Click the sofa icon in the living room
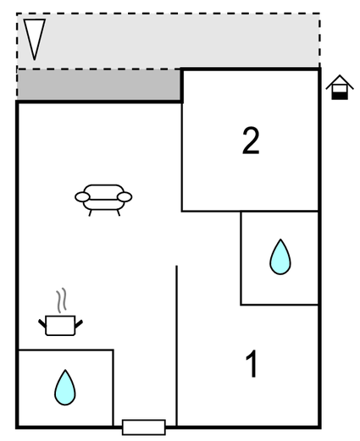(x=103, y=200)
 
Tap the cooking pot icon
(x=60, y=325)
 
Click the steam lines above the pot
(x=62, y=300)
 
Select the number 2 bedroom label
(x=251, y=141)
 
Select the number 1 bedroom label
(x=252, y=364)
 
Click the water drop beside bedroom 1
(x=280, y=256)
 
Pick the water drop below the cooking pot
(x=65, y=388)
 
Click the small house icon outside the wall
(x=340, y=87)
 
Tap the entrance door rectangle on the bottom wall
(x=144, y=427)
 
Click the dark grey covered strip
(x=99, y=85)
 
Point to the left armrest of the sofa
(x=82, y=197)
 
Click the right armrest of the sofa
(x=125, y=197)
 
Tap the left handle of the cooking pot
(x=42, y=323)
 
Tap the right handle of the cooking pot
(x=79, y=324)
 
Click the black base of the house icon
(x=340, y=96)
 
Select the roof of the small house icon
(x=340, y=82)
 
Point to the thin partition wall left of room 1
(x=176, y=345)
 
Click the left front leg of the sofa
(x=91, y=212)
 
